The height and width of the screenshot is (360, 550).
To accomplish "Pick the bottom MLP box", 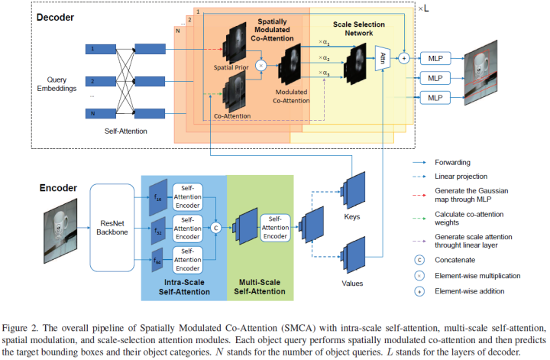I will [435, 97].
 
